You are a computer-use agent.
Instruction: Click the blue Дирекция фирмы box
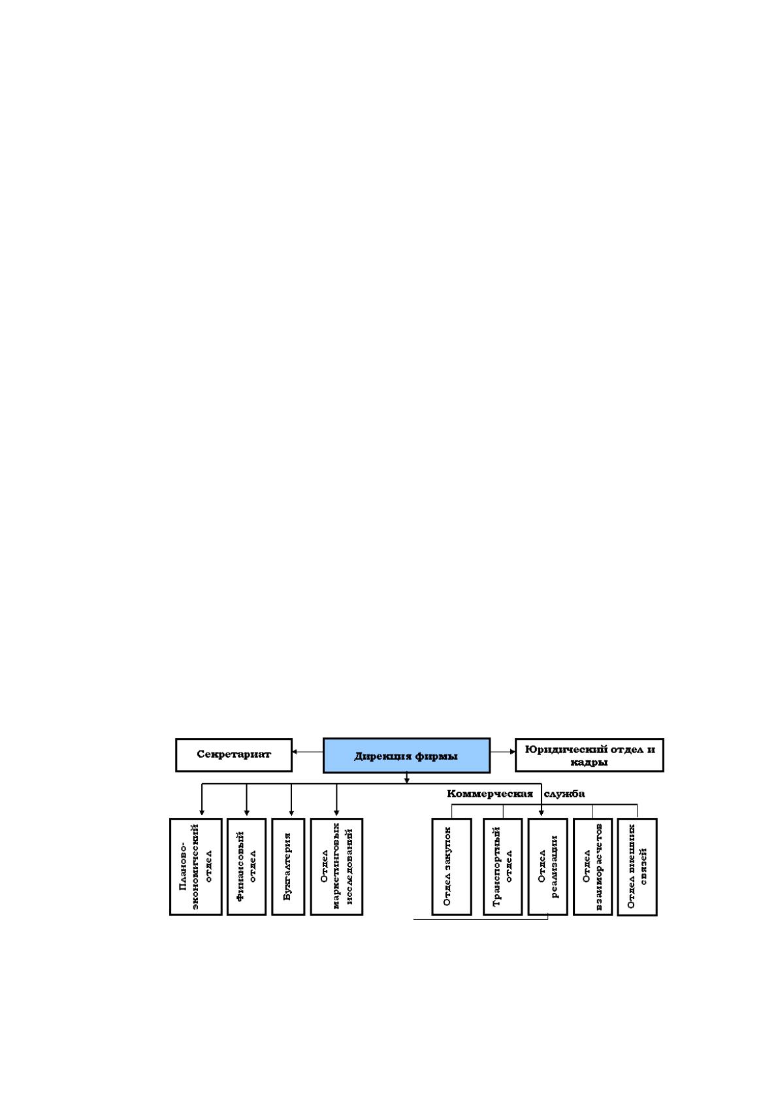coord(406,755)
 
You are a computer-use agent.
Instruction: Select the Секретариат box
coord(234,754)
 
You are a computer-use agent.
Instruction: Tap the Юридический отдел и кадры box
coord(589,755)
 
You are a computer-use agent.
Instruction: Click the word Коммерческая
coord(490,794)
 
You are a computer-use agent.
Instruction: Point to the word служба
coord(564,794)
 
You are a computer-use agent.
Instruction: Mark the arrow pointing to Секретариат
coord(308,752)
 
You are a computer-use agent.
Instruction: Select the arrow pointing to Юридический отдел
coord(502,752)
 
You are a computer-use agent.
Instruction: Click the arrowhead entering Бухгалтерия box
coord(291,813)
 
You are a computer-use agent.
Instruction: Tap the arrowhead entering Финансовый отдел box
coord(246,813)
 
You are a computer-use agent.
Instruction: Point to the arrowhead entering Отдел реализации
coord(542,813)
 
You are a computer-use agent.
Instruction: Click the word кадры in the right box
coord(589,763)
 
